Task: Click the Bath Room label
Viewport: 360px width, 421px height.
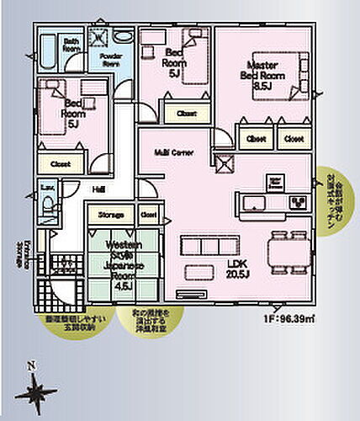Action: pos(71,45)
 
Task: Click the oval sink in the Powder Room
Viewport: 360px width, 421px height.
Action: pos(124,37)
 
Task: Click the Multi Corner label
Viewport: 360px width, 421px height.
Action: pos(172,153)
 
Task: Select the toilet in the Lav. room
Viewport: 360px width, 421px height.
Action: pos(47,202)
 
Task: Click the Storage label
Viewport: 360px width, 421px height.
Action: pos(111,216)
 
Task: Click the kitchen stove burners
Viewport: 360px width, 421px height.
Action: pos(299,202)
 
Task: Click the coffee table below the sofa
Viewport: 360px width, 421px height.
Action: pos(199,272)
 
